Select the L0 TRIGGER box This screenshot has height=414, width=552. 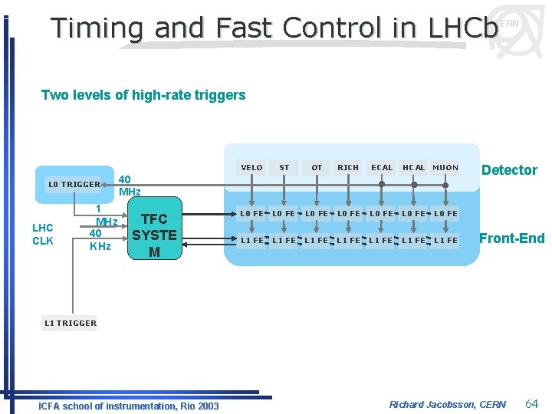(74, 184)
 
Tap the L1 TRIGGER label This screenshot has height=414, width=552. (71, 323)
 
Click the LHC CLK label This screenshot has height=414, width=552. (43, 235)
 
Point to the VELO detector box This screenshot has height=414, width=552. (251, 167)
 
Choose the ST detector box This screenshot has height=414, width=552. (284, 167)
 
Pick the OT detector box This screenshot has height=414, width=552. (317, 167)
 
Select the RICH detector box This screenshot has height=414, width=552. (348, 167)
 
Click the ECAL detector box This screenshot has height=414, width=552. (382, 167)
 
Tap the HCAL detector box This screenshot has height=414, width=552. (414, 167)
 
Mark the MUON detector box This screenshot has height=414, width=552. (445, 167)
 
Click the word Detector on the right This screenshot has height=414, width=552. (509, 170)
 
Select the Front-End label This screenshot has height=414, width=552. (511, 238)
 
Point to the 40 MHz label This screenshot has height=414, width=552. (130, 185)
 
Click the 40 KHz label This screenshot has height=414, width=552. (99, 239)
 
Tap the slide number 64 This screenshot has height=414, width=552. (532, 403)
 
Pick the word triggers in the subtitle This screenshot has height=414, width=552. (220, 95)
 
